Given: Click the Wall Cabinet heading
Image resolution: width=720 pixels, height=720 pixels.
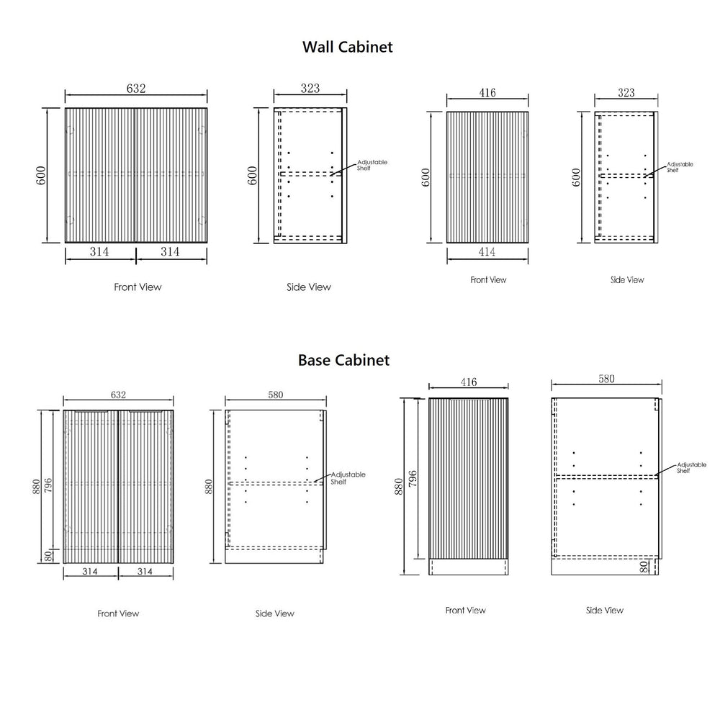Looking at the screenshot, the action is (x=348, y=47).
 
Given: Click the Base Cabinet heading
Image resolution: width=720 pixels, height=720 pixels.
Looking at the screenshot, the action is (x=344, y=360).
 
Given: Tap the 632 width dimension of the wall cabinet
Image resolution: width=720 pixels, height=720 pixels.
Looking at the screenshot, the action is (x=136, y=88).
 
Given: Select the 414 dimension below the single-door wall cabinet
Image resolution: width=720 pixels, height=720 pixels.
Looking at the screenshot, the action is (x=487, y=251).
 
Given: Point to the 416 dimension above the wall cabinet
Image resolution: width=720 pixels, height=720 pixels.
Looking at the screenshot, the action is (x=487, y=93).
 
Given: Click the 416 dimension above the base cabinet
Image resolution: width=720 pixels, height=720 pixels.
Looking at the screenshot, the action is (x=469, y=382).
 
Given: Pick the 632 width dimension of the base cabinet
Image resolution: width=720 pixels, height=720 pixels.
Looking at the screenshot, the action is (x=118, y=395).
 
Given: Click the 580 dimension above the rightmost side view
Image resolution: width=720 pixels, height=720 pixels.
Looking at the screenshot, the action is (x=606, y=379).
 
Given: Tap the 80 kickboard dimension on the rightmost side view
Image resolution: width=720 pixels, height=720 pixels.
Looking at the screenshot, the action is (x=644, y=567).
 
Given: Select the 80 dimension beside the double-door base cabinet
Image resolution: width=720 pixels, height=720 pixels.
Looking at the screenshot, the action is (x=48, y=556).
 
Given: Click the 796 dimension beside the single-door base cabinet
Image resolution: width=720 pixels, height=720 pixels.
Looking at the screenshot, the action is (x=413, y=479).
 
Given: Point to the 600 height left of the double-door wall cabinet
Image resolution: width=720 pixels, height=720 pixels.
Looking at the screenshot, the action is (x=41, y=176).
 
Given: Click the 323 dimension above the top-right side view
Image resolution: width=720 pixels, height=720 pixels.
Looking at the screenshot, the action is (x=626, y=93).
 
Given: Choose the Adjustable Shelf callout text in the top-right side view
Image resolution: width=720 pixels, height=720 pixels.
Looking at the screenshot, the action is (x=680, y=167).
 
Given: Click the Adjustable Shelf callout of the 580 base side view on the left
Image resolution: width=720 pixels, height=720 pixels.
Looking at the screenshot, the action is (x=348, y=478).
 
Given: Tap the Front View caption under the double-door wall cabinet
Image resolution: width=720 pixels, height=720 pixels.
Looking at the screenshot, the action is (x=138, y=287).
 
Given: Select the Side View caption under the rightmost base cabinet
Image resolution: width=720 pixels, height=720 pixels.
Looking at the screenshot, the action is (x=604, y=611).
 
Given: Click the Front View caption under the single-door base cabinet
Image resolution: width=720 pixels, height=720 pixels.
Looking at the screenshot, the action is (x=465, y=611).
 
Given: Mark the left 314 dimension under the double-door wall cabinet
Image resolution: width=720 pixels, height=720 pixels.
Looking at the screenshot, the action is (x=99, y=251).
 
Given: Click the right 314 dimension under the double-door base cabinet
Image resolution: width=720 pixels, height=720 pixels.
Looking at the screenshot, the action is (x=145, y=571).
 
